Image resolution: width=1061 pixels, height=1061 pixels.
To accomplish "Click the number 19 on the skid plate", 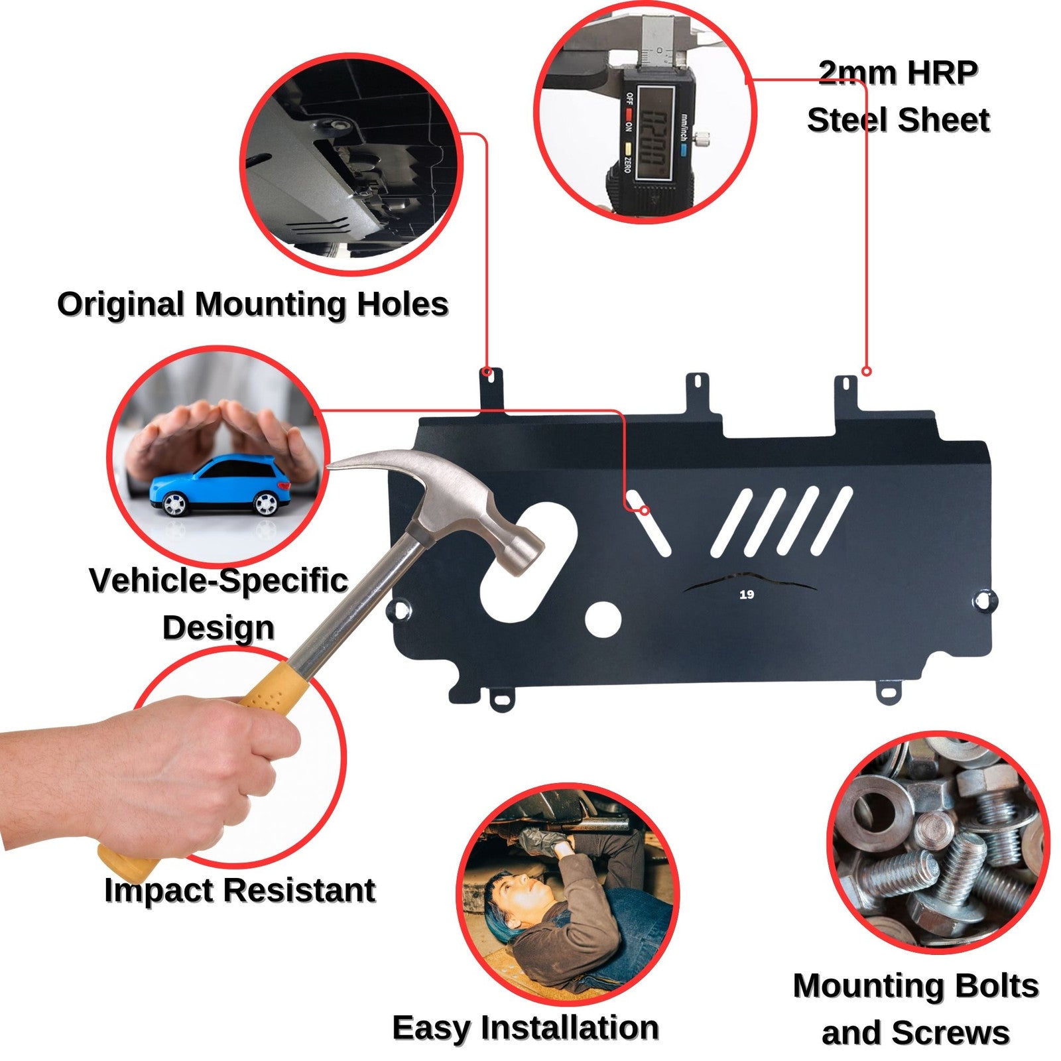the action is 747,594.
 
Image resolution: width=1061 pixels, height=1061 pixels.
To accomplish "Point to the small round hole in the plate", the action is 603,619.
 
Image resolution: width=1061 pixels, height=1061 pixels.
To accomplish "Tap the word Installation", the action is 570,1028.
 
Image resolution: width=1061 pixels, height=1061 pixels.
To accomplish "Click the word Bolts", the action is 994,986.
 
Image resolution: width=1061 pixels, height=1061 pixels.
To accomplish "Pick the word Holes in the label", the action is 403,304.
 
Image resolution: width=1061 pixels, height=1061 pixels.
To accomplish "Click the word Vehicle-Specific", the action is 218,582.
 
